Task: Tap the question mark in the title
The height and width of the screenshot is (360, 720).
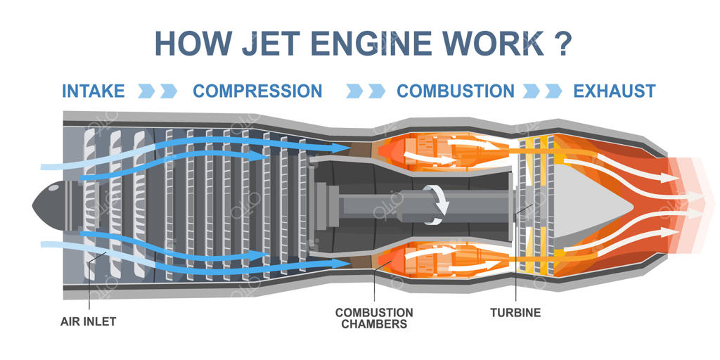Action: point(561,44)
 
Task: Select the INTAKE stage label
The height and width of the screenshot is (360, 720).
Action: point(94,91)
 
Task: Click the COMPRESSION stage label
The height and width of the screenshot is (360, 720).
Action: point(257,91)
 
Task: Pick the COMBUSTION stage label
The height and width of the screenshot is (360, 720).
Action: point(456,91)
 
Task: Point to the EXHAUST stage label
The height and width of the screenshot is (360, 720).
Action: point(615,91)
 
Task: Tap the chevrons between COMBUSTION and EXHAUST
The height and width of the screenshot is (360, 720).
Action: point(544,91)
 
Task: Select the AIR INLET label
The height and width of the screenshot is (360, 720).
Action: point(88,322)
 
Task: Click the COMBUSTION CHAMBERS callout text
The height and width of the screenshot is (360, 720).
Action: point(374,318)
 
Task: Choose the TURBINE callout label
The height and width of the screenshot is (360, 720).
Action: point(515,312)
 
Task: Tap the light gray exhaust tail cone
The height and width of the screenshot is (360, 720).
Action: point(598,202)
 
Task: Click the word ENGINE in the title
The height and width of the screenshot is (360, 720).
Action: point(383,44)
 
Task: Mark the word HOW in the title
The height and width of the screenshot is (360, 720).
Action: point(186,44)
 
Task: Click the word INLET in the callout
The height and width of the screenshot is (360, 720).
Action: point(101,322)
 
